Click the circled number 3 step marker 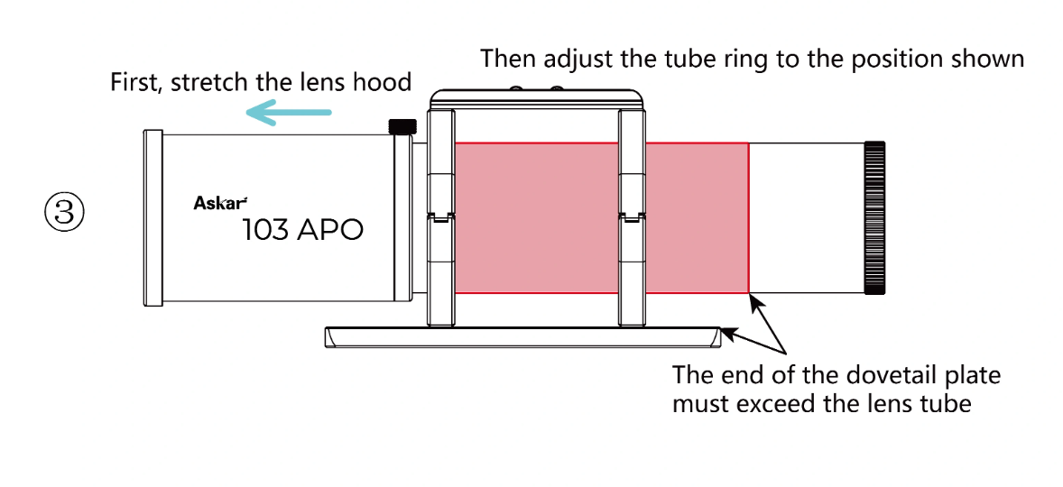(64, 213)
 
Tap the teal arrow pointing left (289, 113)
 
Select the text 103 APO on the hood (302, 230)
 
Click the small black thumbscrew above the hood (402, 126)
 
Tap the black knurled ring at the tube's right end (876, 217)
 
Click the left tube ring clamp (439, 216)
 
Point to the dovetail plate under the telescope (523, 337)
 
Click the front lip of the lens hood (153, 217)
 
